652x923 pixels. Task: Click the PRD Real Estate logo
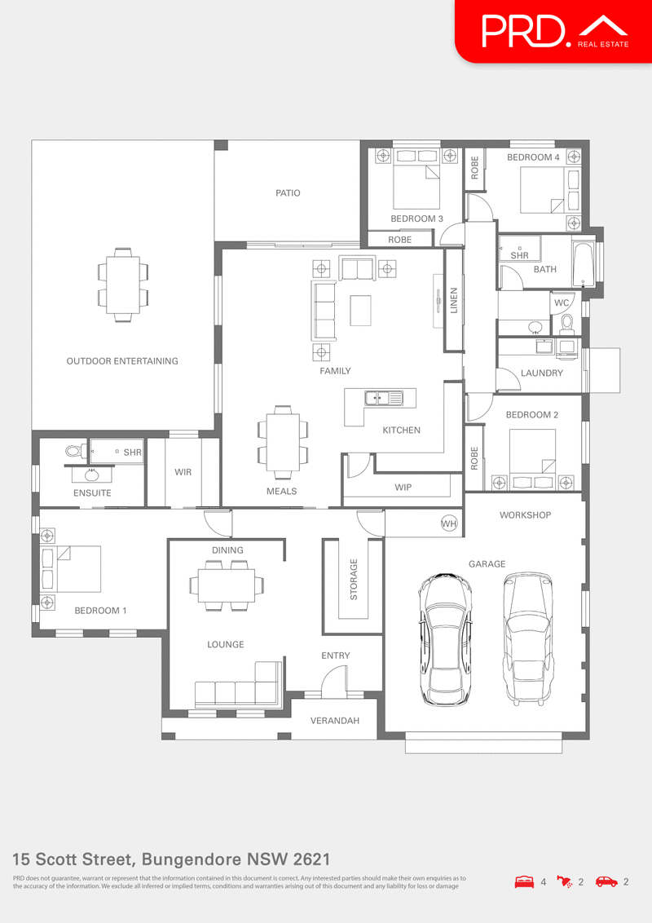tap(554, 31)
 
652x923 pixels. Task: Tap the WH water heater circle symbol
tap(449, 523)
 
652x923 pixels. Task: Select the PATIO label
tap(288, 193)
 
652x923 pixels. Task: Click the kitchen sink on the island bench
tap(384, 399)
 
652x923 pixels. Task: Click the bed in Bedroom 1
tap(77, 568)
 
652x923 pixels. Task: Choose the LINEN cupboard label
tap(454, 301)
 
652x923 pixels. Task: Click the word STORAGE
tap(354, 579)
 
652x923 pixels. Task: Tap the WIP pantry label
tap(403, 488)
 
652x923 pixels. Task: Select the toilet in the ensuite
tap(73, 450)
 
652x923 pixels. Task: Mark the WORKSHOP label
tap(525, 515)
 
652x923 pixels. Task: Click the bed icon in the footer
tap(524, 881)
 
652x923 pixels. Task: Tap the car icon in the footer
tap(606, 881)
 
